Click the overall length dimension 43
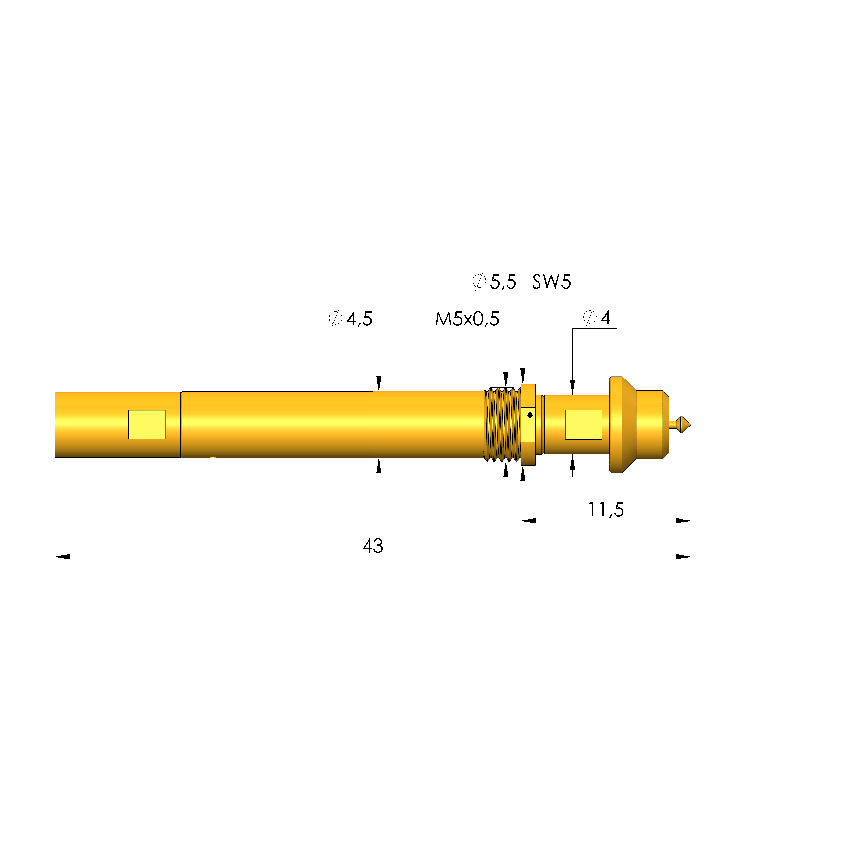pos(372,546)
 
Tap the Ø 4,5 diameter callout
pos(350,318)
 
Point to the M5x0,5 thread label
pos(467,319)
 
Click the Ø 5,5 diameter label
pos(494,281)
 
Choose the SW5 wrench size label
pos(551,282)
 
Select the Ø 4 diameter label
pos(596,317)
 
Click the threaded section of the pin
pos(502,424)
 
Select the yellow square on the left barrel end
pos(147,424)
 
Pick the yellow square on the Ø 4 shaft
pos(583,424)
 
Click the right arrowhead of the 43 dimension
pos(683,557)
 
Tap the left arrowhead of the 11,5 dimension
pos(528,521)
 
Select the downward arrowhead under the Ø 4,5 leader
pos(379,382)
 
